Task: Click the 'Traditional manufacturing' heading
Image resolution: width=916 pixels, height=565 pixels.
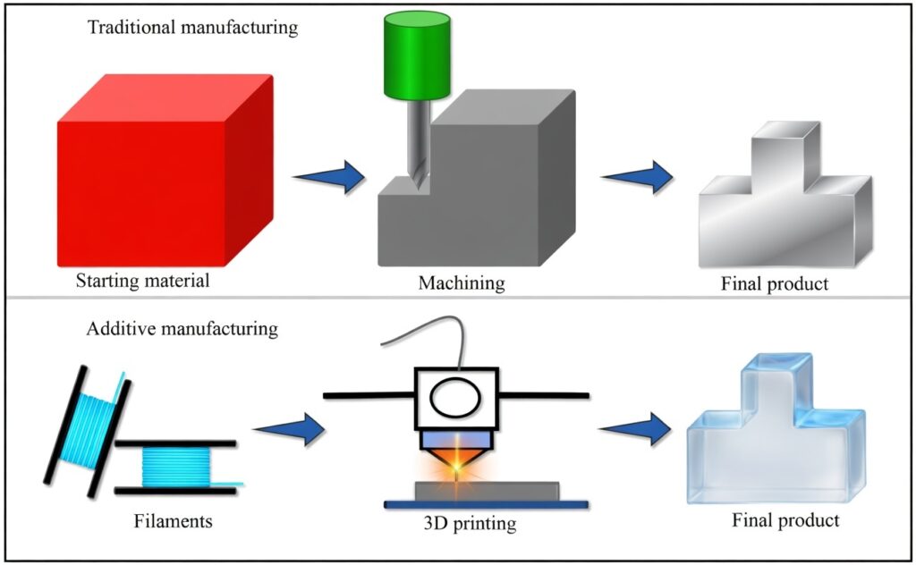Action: click(x=192, y=27)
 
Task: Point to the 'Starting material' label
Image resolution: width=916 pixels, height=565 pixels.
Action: click(x=143, y=282)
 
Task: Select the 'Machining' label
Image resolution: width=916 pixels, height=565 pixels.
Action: click(x=462, y=284)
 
